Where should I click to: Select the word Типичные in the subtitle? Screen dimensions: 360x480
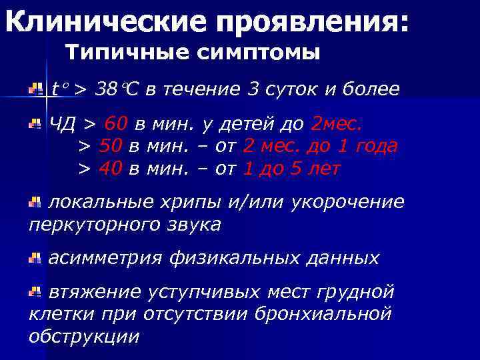(119, 52)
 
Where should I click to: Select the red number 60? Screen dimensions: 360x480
(116, 124)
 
